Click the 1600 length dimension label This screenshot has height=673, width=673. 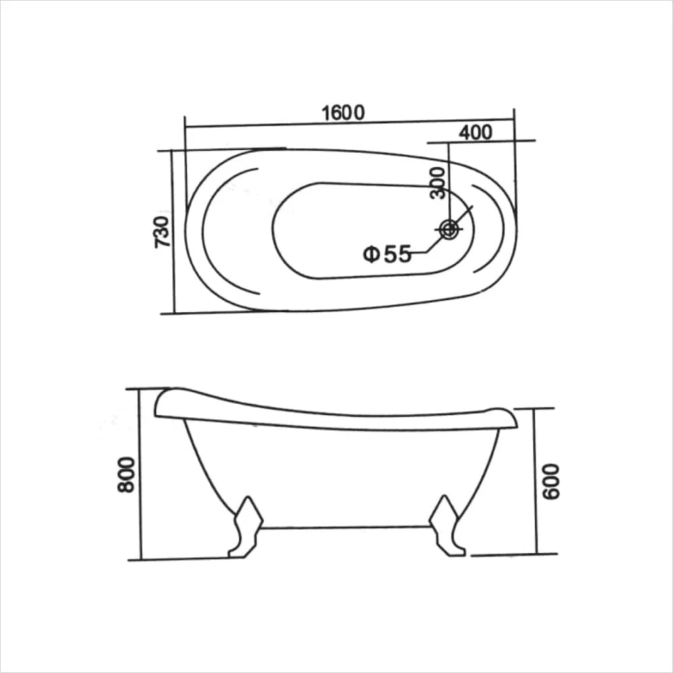coord(343,113)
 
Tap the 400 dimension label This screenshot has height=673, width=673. coord(476,133)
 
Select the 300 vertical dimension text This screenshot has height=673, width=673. coord(437,183)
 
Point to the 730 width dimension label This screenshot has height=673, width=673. coord(162,232)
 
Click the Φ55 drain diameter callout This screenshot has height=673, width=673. coord(387,254)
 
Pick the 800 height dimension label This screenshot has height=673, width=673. coord(127,474)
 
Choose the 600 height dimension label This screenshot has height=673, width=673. coord(551,482)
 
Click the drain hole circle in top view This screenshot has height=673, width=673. coord(449,229)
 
